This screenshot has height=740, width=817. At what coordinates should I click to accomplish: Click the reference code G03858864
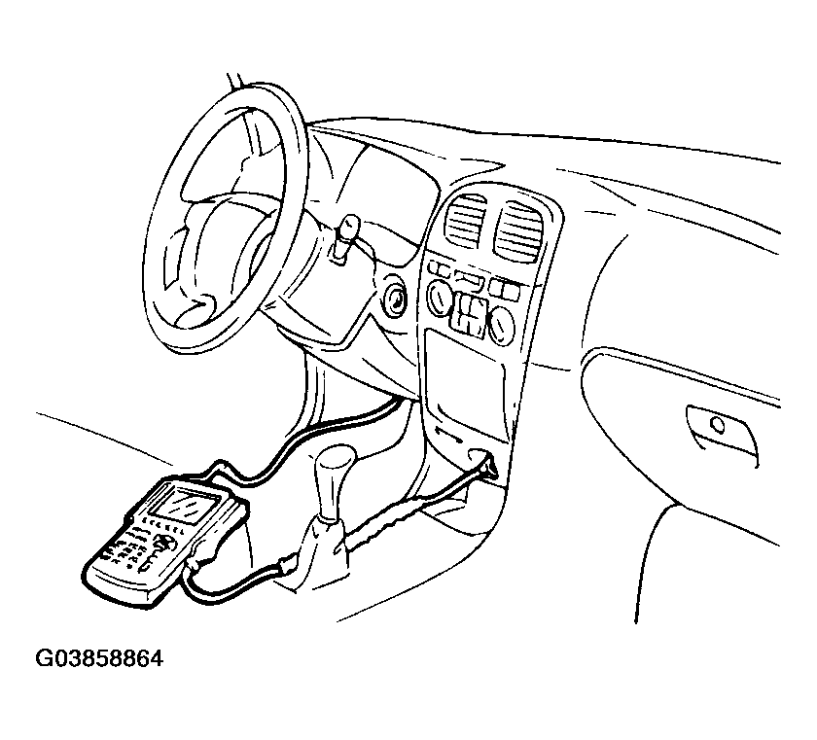(x=99, y=658)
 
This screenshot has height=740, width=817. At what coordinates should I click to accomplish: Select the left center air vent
(x=464, y=221)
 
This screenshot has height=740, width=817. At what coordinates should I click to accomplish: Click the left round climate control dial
(x=440, y=298)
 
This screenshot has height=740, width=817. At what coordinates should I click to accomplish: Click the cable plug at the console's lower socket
(x=487, y=466)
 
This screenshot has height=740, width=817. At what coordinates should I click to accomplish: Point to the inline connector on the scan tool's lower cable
(x=288, y=565)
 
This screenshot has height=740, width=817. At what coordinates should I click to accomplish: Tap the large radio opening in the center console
(x=465, y=384)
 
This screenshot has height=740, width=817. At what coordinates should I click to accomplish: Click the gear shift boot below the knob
(x=318, y=553)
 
